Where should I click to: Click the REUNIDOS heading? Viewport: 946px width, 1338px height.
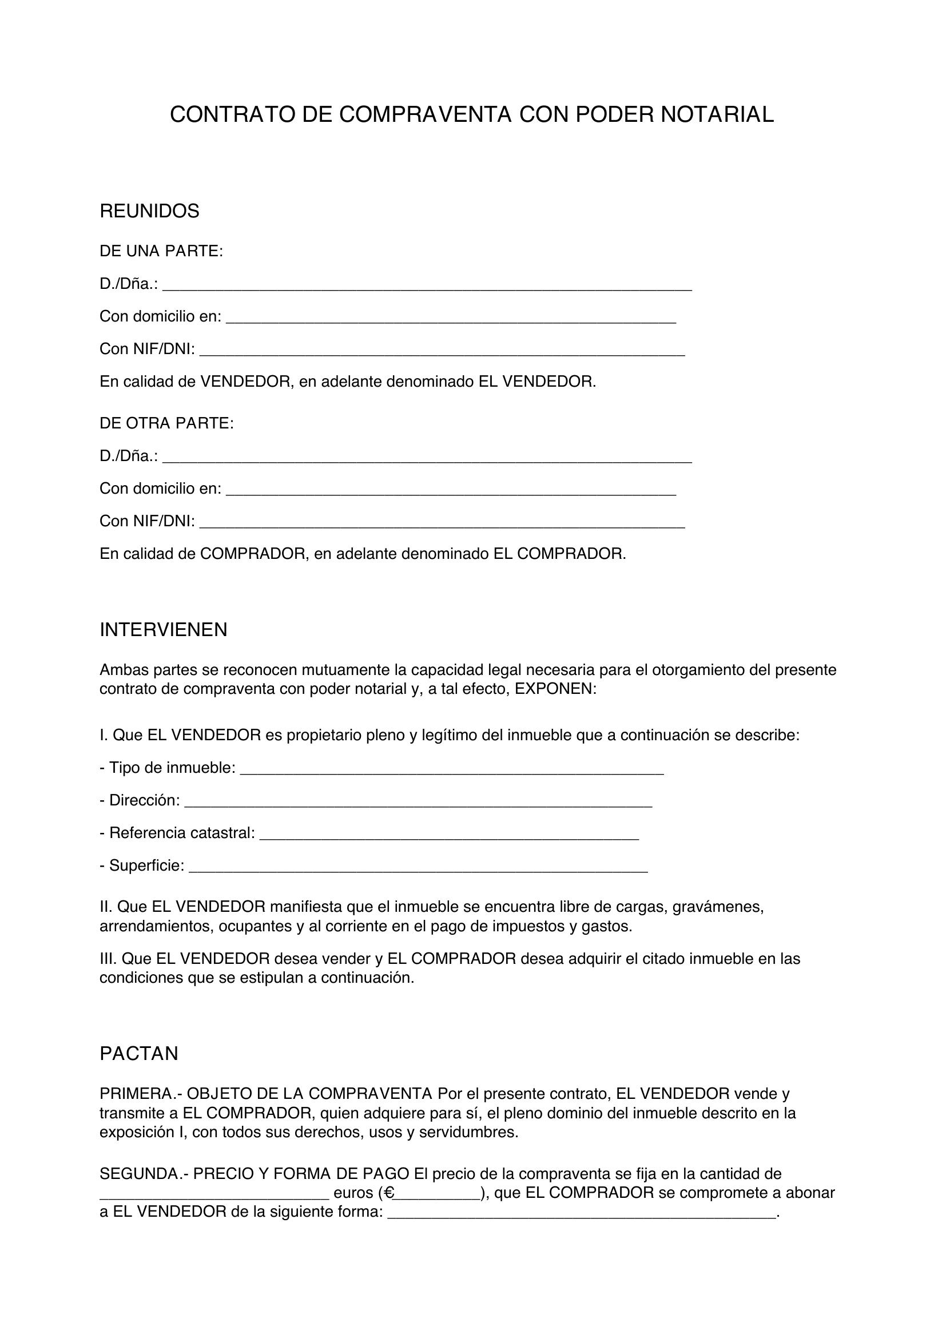tap(149, 211)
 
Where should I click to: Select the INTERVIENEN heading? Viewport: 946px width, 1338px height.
tap(163, 629)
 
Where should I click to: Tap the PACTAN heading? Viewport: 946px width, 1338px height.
tap(138, 1054)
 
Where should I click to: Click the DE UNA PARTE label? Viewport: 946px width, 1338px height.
tap(161, 251)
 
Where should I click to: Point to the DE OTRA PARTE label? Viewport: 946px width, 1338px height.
tap(166, 423)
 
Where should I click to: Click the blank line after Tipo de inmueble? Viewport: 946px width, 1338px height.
tap(451, 769)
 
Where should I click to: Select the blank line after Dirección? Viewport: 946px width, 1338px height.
tap(418, 802)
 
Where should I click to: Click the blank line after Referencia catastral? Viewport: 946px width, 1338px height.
tap(448, 835)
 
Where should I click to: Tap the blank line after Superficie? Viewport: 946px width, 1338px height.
tap(418, 867)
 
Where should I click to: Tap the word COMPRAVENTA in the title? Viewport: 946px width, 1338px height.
tap(424, 115)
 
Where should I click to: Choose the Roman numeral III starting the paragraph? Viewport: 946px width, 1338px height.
tap(108, 958)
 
